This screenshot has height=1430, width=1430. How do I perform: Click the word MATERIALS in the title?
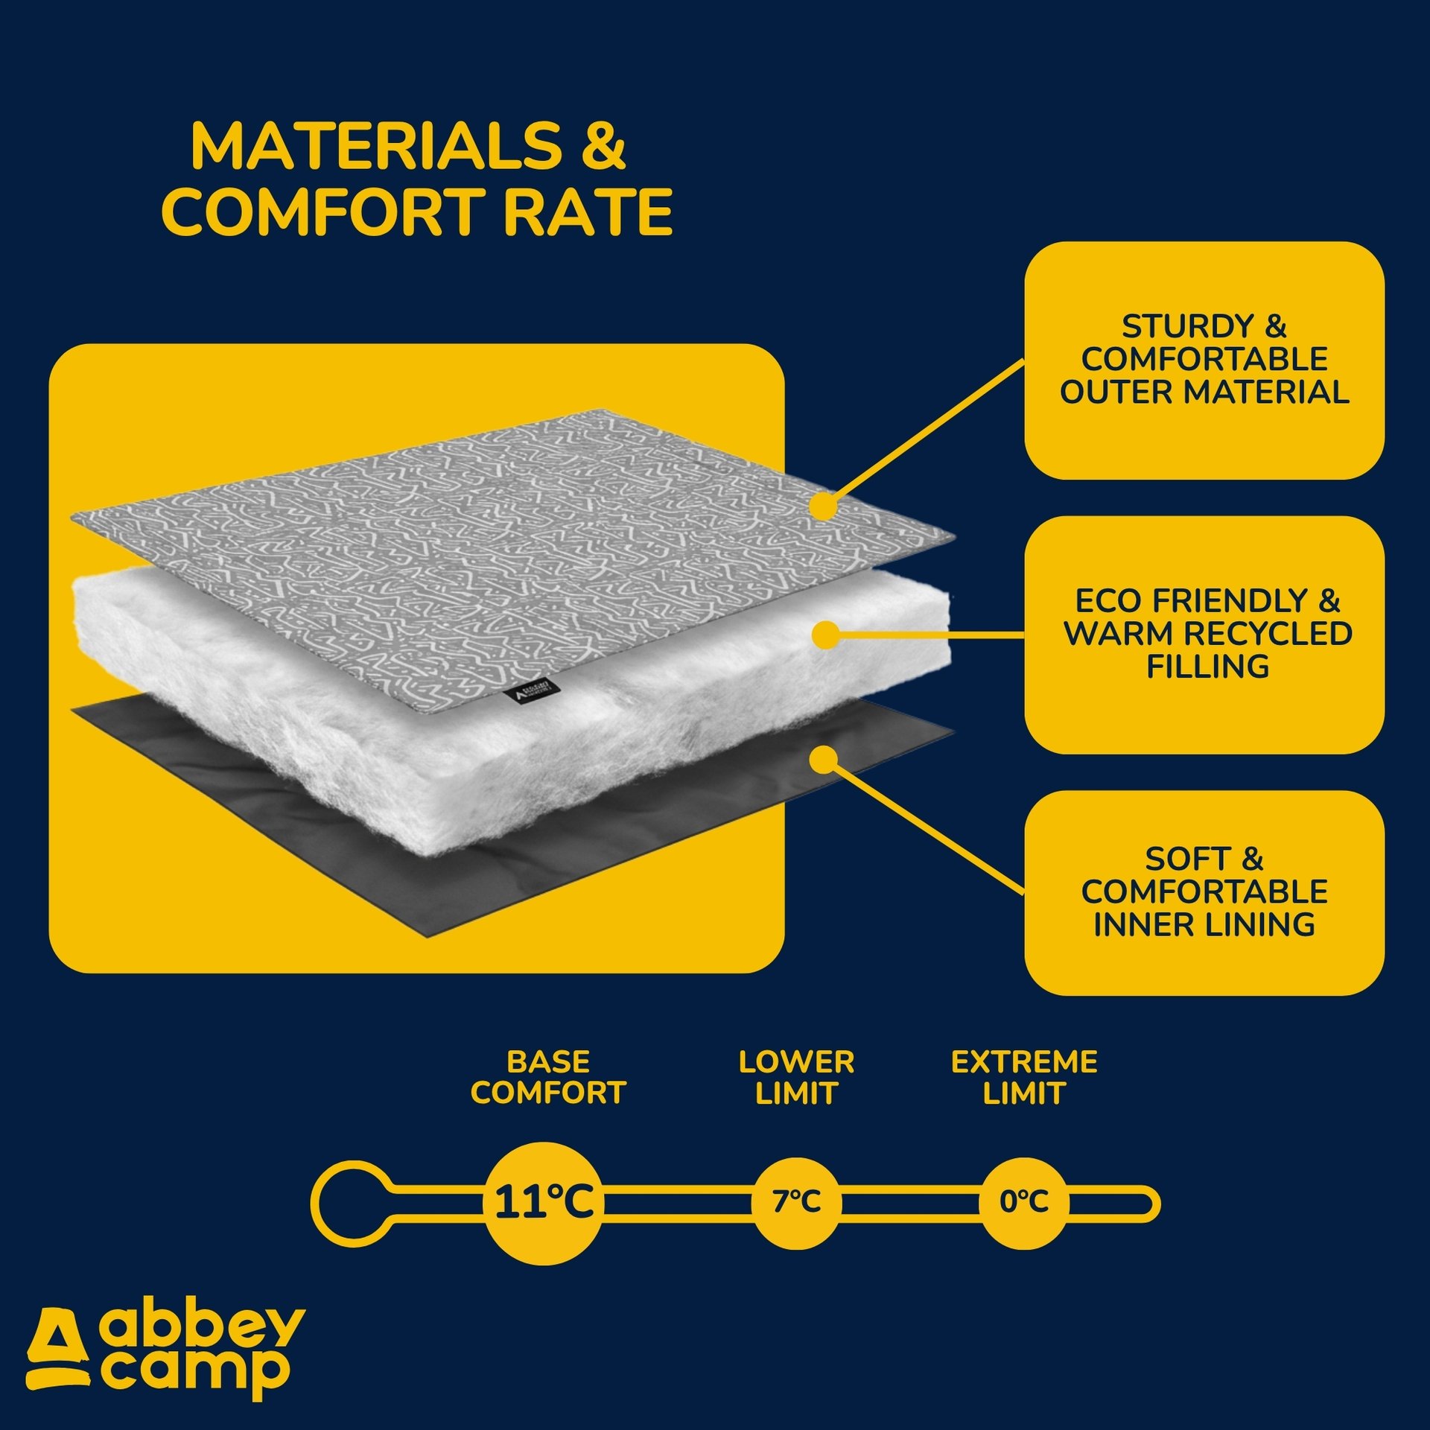point(376,145)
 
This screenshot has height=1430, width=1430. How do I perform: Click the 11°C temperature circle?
point(544,1202)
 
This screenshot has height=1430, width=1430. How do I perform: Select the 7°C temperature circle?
point(796,1202)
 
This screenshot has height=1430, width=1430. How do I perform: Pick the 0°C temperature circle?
point(1024,1202)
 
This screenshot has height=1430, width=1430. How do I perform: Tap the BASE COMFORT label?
point(548,1078)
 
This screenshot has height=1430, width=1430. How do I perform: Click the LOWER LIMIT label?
point(796,1078)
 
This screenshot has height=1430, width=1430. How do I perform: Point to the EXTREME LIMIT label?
point(1024,1078)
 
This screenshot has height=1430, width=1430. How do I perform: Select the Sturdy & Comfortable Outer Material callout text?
point(1204,359)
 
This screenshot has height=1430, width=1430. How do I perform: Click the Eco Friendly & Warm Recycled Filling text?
point(1207,633)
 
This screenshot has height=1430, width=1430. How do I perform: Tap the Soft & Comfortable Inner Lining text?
point(1204,892)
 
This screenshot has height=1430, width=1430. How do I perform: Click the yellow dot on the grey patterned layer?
point(824,506)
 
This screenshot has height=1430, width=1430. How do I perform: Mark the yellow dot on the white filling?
point(824,635)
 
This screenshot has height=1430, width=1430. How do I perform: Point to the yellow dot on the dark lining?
point(824,760)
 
